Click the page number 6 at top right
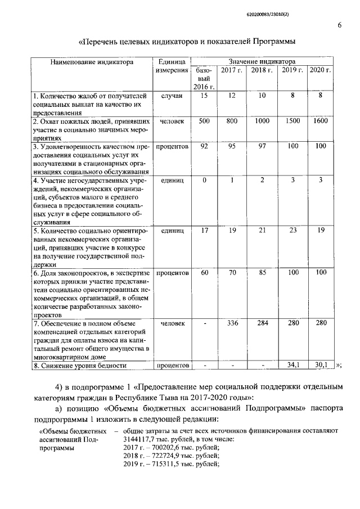point(340,25)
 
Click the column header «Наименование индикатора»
point(92,62)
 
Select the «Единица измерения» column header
point(172,66)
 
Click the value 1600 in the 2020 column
point(321,121)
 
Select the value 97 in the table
point(262,146)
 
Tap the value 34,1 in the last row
point(292,365)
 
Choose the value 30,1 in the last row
point(321,365)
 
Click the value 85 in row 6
point(262,272)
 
